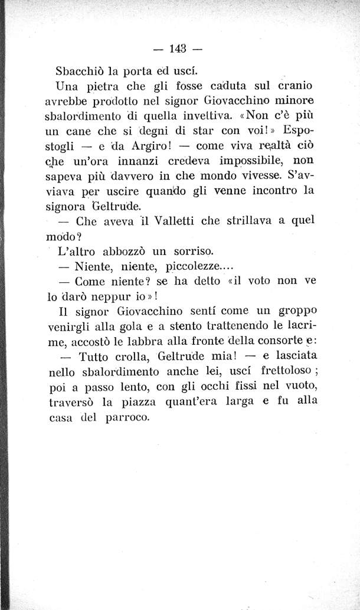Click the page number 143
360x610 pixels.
[x=176, y=48]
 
